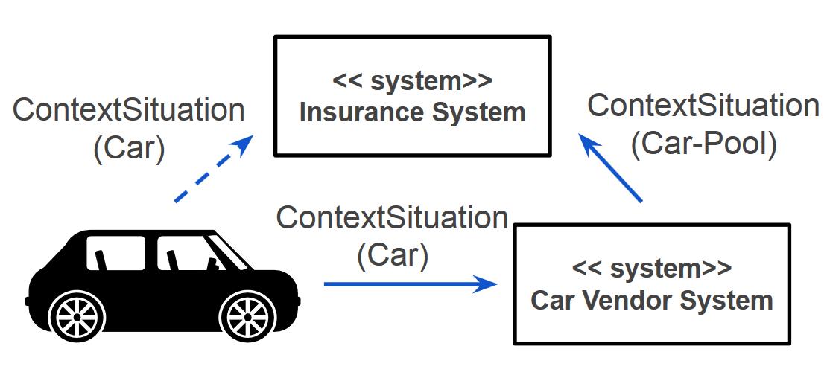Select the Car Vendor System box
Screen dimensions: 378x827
651,283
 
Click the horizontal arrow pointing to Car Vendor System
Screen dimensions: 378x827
410,283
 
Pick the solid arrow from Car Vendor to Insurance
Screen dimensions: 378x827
612,168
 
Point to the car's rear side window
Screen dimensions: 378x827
115,253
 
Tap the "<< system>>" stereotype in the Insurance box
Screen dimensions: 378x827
412,80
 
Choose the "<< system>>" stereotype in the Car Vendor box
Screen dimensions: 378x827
651,269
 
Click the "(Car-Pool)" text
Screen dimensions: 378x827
703,144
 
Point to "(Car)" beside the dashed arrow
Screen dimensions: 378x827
128,148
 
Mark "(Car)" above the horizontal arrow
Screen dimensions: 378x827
393,256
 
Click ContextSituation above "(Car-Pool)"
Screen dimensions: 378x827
703,106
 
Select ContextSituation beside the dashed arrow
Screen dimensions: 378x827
129,111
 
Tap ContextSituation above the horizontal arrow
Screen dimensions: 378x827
393,219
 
